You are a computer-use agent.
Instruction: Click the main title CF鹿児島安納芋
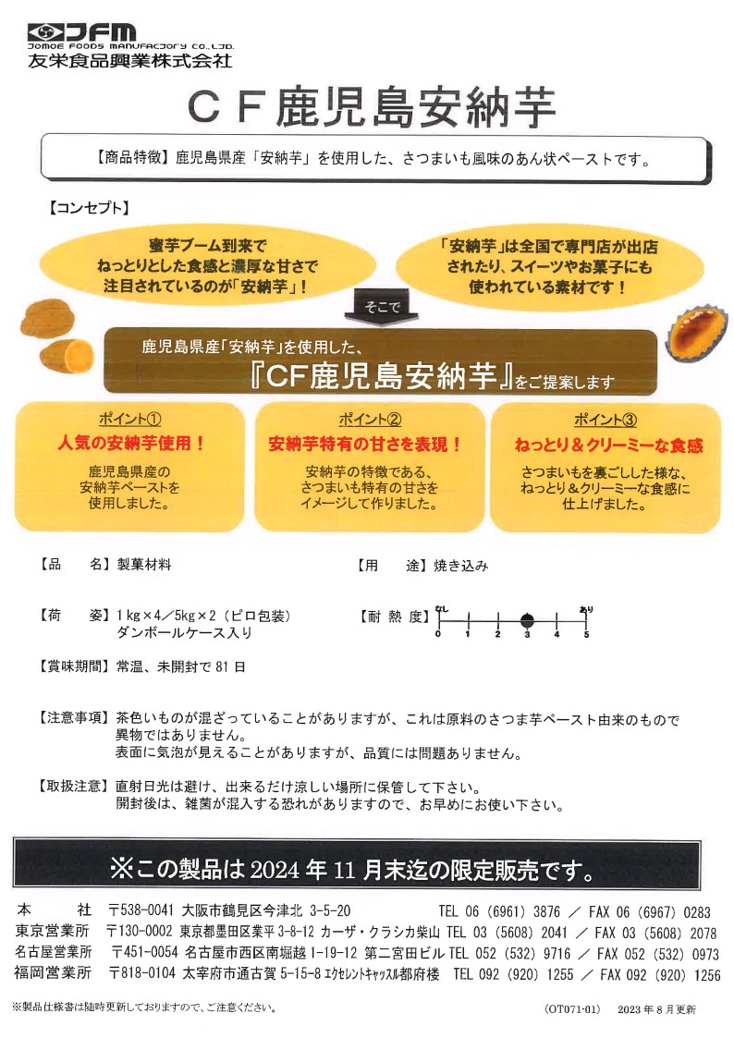(x=372, y=107)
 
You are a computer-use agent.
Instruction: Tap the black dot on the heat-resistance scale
(x=527, y=620)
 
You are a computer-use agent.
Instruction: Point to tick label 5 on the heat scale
(x=586, y=634)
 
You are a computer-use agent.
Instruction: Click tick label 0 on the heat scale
(x=438, y=634)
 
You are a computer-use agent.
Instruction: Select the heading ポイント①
(x=129, y=419)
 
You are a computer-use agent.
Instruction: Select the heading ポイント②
(x=370, y=419)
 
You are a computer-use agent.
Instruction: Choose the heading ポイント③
(x=605, y=420)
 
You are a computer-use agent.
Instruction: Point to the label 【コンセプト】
(x=88, y=208)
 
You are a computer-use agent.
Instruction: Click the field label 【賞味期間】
(x=73, y=666)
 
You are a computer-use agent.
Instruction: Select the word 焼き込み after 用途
(x=460, y=566)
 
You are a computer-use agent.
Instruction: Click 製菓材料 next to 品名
(x=143, y=565)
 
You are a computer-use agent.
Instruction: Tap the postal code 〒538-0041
(x=141, y=910)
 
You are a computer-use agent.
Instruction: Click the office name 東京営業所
(x=53, y=932)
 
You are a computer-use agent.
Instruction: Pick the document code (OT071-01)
(x=572, y=1009)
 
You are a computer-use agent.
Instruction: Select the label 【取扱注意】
(x=73, y=787)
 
